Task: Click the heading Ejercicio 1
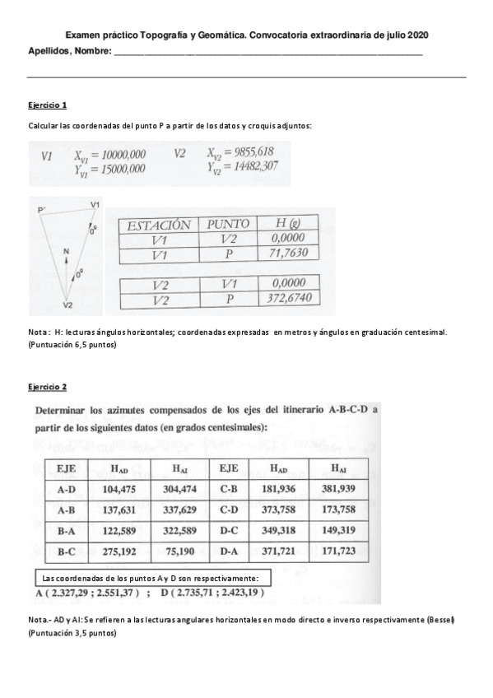[x=47, y=106]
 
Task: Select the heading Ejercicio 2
[x=47, y=386]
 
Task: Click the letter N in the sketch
[x=66, y=250]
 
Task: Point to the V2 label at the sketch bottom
[x=69, y=305]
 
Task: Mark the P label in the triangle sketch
[x=41, y=212]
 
